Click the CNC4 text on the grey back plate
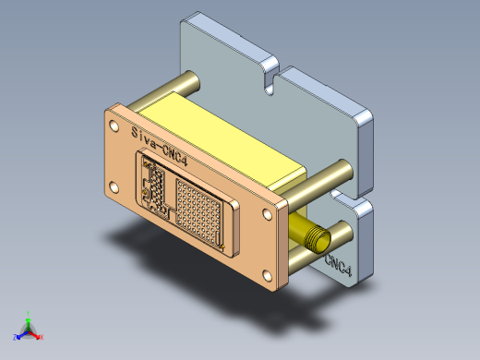338,266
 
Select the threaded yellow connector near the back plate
313,239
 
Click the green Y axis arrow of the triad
28,318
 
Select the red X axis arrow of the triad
39,336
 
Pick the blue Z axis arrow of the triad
18,334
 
